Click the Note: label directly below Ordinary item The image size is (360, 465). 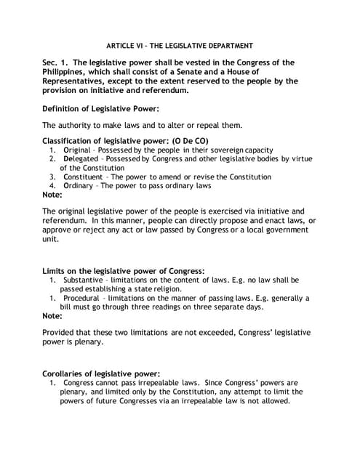tap(52, 195)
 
